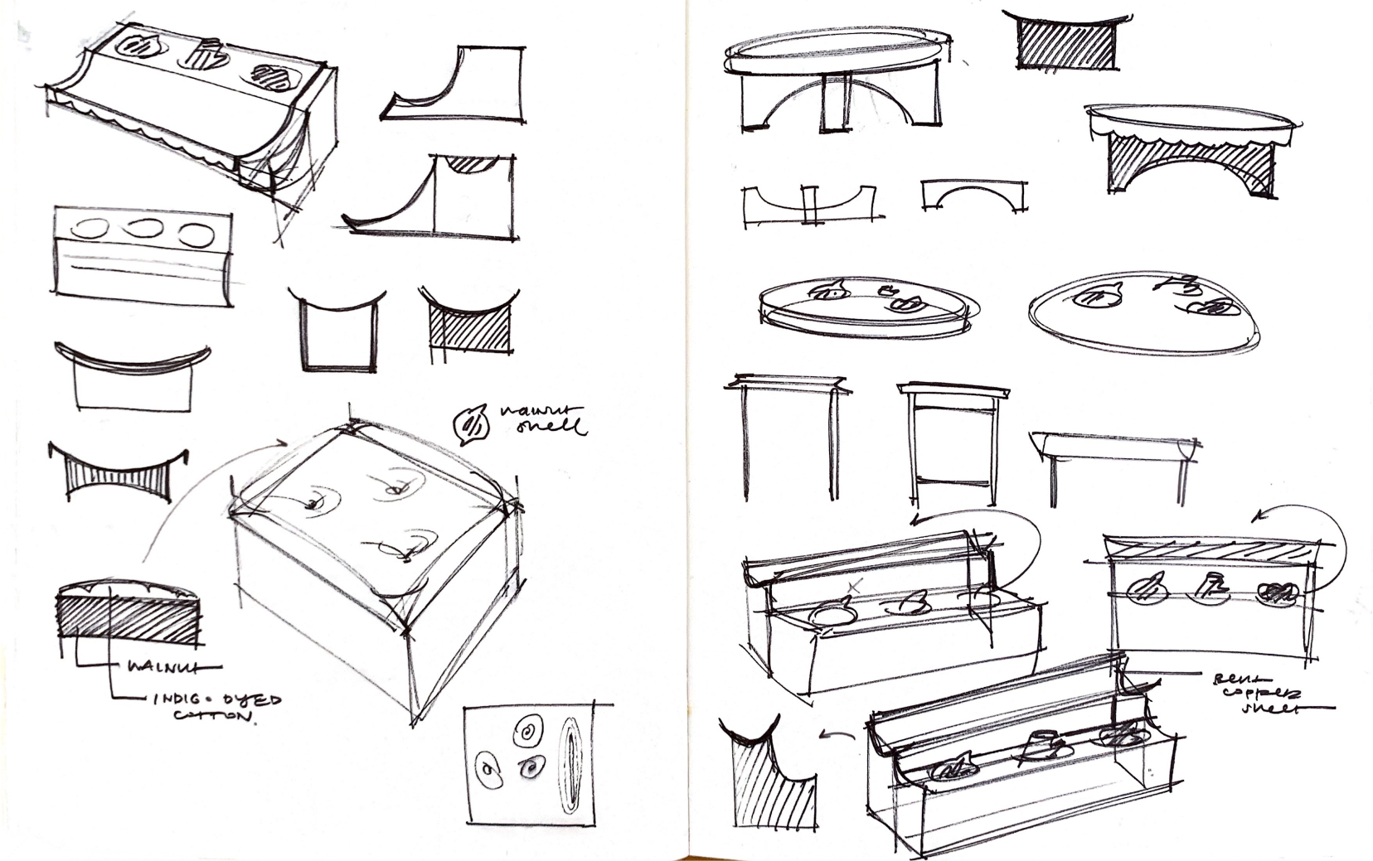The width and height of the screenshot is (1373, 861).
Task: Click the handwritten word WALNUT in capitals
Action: (174, 666)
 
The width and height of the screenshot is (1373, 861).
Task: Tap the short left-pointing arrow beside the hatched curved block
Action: (838, 734)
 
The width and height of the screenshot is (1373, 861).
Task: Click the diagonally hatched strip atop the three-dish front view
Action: (1210, 550)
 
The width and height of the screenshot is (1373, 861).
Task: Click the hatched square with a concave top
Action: (468, 327)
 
